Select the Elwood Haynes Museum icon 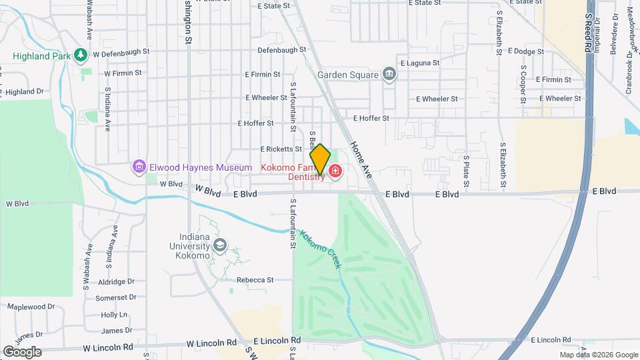[139, 166]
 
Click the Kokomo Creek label [321, 249]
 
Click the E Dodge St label [527, 51]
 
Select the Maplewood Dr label [31, 307]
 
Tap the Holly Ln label [114, 314]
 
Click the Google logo [22, 351]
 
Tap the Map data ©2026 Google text [599, 355]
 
